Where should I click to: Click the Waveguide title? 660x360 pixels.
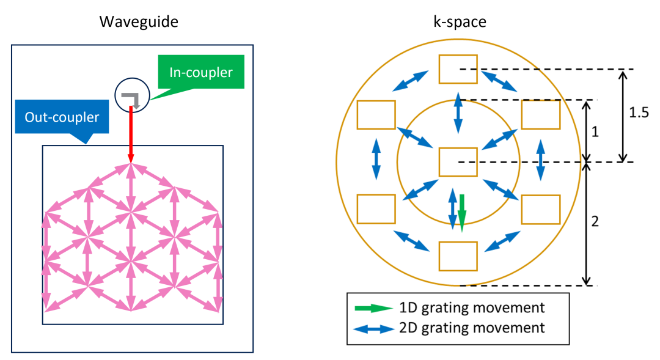coord(139,23)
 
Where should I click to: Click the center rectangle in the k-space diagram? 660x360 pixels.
coord(458,162)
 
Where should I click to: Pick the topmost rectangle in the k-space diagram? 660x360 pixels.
coord(458,69)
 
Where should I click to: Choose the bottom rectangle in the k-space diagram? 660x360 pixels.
coord(458,256)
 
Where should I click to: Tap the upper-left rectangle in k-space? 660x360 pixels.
coord(376,114)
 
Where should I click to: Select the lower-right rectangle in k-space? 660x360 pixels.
coord(540,209)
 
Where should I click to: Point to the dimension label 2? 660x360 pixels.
coord(596,221)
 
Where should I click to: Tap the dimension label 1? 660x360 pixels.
coord(596,131)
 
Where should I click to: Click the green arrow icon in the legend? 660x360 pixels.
coord(373,307)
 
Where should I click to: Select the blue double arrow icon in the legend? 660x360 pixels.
coord(373,328)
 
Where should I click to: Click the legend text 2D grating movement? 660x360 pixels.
coord(472,328)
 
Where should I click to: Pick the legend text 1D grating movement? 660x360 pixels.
coord(472,307)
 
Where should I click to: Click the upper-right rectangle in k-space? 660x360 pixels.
coord(540,114)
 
